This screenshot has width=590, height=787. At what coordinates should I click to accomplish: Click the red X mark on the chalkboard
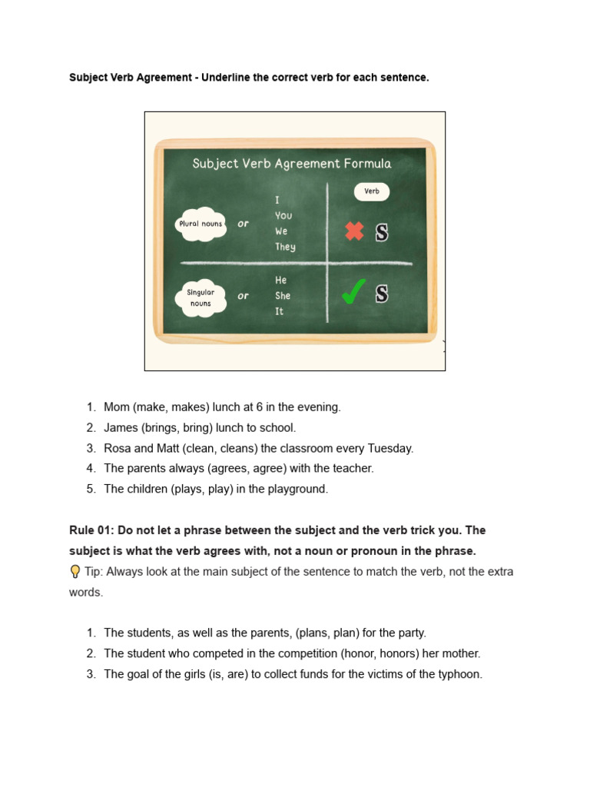pos(354,231)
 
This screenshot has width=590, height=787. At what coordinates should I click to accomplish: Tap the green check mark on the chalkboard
pos(353,293)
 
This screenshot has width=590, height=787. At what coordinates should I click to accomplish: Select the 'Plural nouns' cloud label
pos(201,224)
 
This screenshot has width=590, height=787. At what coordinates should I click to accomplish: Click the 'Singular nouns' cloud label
pos(201,297)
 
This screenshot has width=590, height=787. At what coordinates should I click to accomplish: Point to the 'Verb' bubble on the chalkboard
pos(372,191)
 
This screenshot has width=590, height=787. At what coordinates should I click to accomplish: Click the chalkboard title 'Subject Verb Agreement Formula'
pos(291,163)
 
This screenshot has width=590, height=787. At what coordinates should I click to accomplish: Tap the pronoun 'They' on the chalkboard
pos(285,247)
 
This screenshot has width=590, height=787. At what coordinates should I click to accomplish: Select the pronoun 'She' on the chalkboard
pos(283,296)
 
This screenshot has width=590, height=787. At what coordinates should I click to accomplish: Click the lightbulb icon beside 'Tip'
pos(75,571)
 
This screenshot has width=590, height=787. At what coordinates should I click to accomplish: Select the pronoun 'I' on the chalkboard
pos(277,200)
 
